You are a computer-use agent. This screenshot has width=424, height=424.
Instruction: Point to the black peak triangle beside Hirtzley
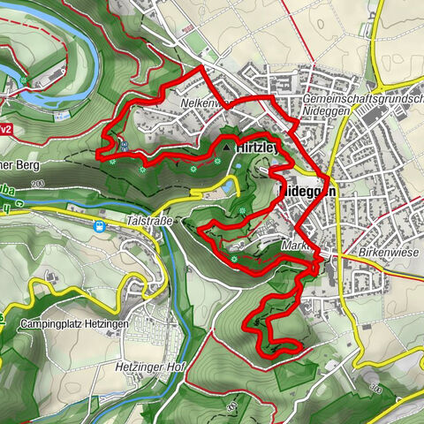click(x=226, y=148)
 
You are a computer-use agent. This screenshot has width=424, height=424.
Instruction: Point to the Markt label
click(x=295, y=246)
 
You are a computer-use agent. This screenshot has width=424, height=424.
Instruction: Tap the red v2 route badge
click(x=4, y=129)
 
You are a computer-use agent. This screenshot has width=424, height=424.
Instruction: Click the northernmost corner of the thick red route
click(x=202, y=67)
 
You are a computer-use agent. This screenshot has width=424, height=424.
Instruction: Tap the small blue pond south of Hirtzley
click(x=229, y=187)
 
